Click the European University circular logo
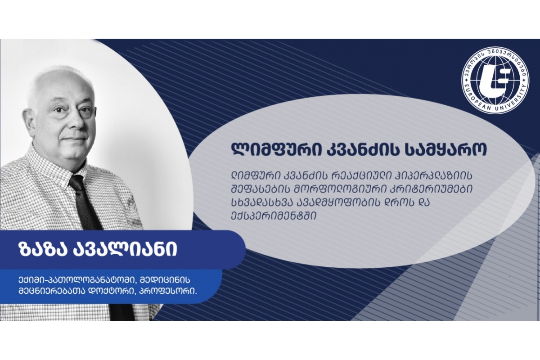point(495,80)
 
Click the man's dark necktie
point(87,205)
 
